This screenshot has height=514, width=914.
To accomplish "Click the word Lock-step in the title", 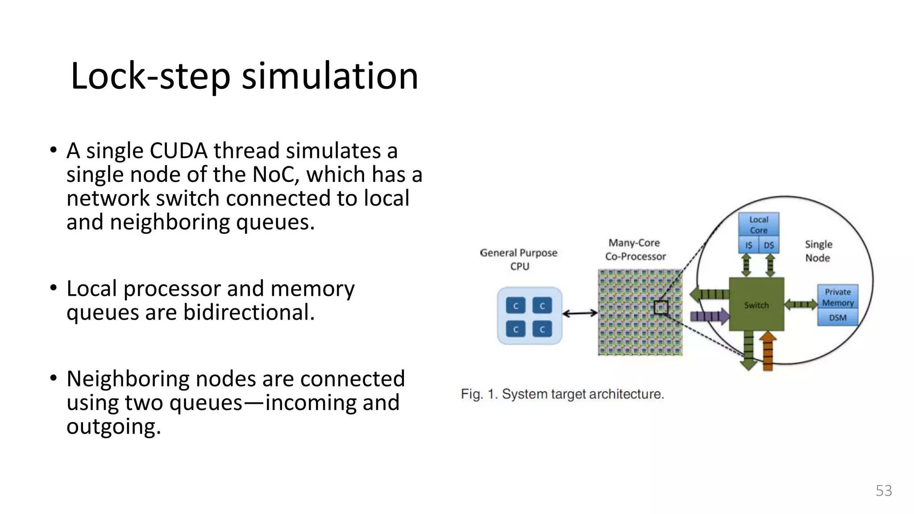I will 150,76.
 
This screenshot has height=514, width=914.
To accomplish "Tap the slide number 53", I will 883,490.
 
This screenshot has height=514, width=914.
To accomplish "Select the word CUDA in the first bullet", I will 178,151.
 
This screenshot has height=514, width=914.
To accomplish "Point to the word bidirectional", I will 249,312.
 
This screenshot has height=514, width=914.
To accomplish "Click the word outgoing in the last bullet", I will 113,427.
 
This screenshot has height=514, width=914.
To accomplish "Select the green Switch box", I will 756,305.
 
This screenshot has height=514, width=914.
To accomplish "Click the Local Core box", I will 758,224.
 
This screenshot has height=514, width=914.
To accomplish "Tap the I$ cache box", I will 748,245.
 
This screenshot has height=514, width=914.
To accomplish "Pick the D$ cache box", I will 769,245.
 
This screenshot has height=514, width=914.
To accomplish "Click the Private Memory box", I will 837,297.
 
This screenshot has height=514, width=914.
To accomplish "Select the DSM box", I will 837,318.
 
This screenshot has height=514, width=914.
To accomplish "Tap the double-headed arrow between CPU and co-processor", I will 579,313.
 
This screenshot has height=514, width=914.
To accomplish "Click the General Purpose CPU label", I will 519,259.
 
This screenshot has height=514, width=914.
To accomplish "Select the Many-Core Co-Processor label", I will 635,249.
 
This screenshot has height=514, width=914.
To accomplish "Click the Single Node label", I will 818,251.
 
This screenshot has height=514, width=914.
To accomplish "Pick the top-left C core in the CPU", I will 515,306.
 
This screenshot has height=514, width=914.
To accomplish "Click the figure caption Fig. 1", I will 562,394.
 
